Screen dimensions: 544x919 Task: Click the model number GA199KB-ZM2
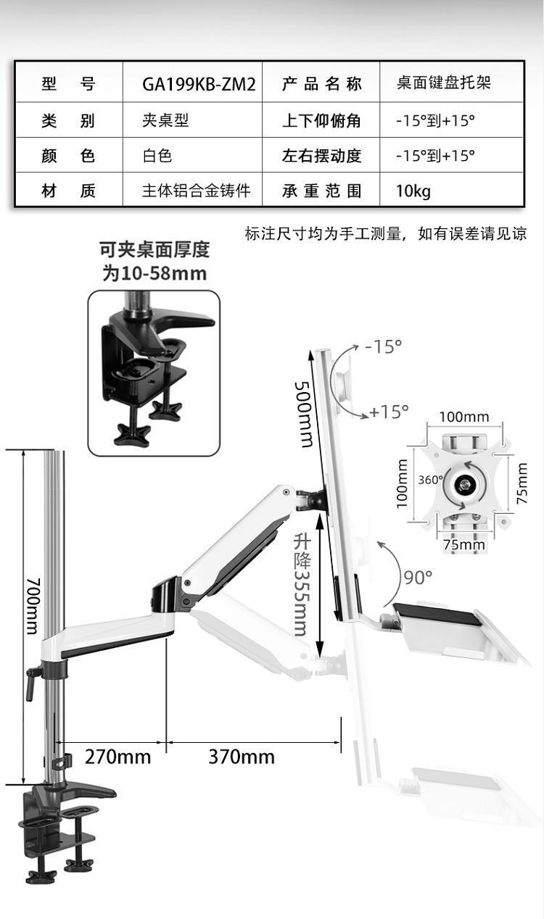point(199,85)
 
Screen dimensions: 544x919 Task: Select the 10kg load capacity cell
point(413,191)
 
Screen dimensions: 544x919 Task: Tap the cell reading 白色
point(157,156)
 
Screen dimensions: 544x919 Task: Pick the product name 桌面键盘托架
point(443,83)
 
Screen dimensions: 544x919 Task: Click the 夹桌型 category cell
point(165,120)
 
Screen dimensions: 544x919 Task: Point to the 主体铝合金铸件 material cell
point(197,191)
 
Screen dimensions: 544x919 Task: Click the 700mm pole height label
point(33,606)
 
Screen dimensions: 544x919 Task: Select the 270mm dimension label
point(118,757)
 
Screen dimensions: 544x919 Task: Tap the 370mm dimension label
point(242,757)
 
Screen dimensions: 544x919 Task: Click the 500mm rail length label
point(304,414)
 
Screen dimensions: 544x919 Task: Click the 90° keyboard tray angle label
point(418,578)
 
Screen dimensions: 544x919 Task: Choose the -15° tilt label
point(383,346)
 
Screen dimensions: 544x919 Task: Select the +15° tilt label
point(390,412)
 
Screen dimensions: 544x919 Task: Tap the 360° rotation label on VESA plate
point(430,480)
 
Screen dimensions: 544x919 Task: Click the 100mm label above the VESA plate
point(464,417)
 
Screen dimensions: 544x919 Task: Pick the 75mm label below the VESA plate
point(464,545)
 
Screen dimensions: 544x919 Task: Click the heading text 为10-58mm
point(154,274)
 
